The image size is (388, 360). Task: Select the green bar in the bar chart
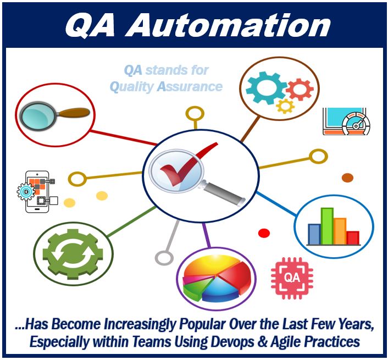click(327, 226)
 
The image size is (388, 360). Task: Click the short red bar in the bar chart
click(353, 237)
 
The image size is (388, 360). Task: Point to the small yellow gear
click(285, 106)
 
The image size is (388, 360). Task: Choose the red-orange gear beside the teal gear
click(300, 90)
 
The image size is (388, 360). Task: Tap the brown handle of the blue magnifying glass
click(75, 113)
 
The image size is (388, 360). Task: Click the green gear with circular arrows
click(73, 254)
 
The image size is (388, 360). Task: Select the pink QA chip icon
click(292, 278)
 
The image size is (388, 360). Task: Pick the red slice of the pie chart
click(236, 275)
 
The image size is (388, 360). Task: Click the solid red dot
click(264, 233)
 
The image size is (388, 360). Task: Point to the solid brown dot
click(347, 178)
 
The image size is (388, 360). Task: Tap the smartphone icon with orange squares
click(37, 191)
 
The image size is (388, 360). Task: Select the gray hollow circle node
click(164, 258)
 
